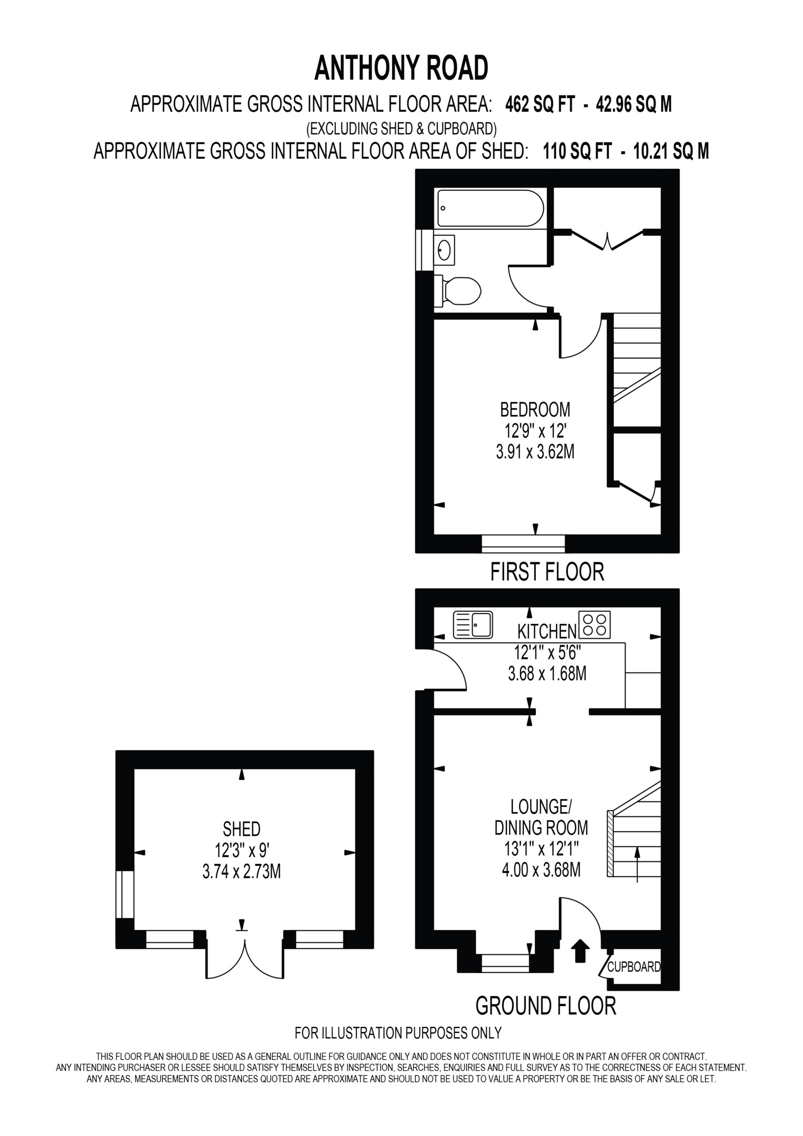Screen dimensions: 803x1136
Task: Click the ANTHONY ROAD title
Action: (x=401, y=68)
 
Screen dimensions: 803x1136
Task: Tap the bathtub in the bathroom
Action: (x=490, y=208)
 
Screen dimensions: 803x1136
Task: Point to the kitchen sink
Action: (x=472, y=624)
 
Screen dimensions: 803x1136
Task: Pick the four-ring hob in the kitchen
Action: (x=594, y=624)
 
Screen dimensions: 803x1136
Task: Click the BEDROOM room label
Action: (x=535, y=410)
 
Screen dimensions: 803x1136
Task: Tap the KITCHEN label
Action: (x=547, y=631)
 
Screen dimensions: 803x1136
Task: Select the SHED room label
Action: (x=241, y=829)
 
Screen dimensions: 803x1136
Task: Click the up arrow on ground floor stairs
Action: (x=637, y=864)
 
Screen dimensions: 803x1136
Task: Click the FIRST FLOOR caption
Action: (x=547, y=572)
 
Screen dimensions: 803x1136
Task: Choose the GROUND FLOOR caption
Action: (x=546, y=1006)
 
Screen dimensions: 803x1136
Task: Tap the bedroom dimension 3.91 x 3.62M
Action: (x=535, y=452)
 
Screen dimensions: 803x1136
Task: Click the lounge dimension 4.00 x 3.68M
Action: (x=541, y=869)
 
